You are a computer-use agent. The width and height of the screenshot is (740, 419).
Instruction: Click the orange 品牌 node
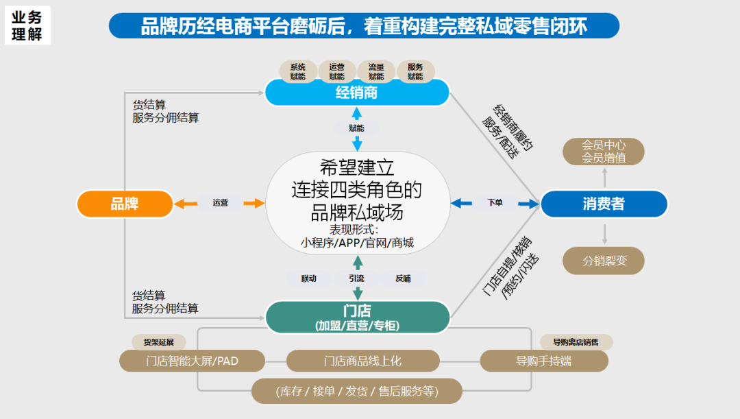tap(125, 204)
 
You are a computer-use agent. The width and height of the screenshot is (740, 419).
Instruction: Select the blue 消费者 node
tap(604, 204)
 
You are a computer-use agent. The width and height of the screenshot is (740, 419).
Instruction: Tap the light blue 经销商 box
tap(357, 93)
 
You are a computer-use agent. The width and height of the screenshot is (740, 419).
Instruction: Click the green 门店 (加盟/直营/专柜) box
tap(357, 318)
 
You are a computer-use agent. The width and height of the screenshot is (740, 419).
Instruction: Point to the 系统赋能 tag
tap(298, 71)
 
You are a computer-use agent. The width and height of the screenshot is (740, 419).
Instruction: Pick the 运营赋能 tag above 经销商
tap(337, 71)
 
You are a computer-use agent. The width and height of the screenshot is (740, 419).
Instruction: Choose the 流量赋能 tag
tap(376, 71)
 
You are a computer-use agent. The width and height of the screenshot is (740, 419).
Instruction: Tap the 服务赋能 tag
tap(415, 71)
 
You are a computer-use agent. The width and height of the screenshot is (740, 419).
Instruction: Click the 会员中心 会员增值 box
tap(604, 152)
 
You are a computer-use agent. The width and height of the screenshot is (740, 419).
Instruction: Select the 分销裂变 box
tap(604, 261)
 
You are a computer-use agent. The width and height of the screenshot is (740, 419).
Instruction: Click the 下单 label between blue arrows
tap(495, 203)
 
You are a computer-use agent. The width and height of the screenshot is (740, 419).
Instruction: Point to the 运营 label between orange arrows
tap(220, 203)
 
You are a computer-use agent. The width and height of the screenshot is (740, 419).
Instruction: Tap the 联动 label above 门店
tap(309, 278)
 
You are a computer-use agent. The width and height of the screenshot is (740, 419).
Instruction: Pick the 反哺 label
tap(403, 278)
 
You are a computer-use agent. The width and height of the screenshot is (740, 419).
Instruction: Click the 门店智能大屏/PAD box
tap(192, 361)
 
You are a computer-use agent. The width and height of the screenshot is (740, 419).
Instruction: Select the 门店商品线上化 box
tap(362, 361)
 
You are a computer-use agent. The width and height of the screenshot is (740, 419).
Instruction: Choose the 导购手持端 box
tap(543, 361)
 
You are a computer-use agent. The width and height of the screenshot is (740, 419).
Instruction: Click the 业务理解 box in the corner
tap(27, 26)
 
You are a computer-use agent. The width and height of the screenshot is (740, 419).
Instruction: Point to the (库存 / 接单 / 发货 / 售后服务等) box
tap(357, 392)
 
